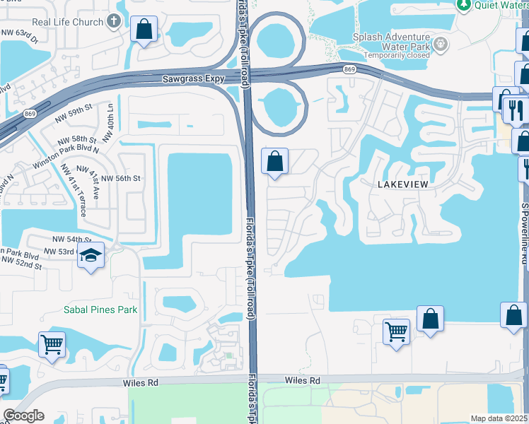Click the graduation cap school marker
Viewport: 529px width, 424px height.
91,257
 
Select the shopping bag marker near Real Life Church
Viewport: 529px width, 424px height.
144,30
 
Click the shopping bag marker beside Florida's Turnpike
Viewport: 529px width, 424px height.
275,162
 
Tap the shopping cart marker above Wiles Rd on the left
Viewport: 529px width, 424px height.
52,346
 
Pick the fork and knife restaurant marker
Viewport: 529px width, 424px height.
516,109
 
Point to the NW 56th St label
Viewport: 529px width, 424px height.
119,179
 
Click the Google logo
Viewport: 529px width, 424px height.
23,416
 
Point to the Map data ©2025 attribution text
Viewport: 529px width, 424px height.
499,418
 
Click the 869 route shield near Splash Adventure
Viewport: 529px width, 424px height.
349,69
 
